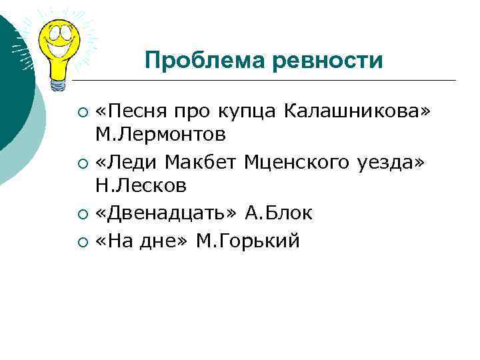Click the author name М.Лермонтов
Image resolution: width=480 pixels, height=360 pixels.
(x=160, y=135)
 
